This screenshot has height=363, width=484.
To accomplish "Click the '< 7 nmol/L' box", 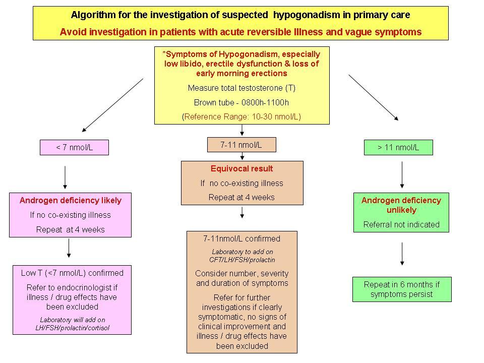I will [x=74, y=148].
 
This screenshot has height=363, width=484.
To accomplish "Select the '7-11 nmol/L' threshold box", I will [x=241, y=145].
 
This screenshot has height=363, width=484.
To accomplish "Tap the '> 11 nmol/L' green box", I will [x=398, y=148].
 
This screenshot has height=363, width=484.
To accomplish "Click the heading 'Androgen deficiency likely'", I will [x=71, y=200].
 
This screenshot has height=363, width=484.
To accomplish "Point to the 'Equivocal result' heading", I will [x=241, y=168].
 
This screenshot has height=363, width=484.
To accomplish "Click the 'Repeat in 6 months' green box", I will [x=401, y=289].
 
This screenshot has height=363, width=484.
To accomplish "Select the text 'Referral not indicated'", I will [x=401, y=224].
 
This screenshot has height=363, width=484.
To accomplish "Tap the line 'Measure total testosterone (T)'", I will [x=241, y=88].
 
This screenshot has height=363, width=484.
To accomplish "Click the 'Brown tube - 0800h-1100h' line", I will [x=241, y=102].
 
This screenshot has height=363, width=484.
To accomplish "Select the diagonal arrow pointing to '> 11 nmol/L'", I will [x=374, y=98].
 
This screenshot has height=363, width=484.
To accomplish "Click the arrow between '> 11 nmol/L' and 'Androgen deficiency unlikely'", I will [x=402, y=174].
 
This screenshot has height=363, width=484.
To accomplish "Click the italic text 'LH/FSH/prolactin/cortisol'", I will [x=72, y=327].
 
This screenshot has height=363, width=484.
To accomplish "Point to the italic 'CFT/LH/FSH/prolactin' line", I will [x=242, y=260].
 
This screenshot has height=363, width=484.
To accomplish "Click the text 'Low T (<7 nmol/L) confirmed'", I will [x=72, y=273].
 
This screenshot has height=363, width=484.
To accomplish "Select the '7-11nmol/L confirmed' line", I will [x=241, y=238].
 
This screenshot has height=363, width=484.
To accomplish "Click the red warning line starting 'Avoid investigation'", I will [x=240, y=32].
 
